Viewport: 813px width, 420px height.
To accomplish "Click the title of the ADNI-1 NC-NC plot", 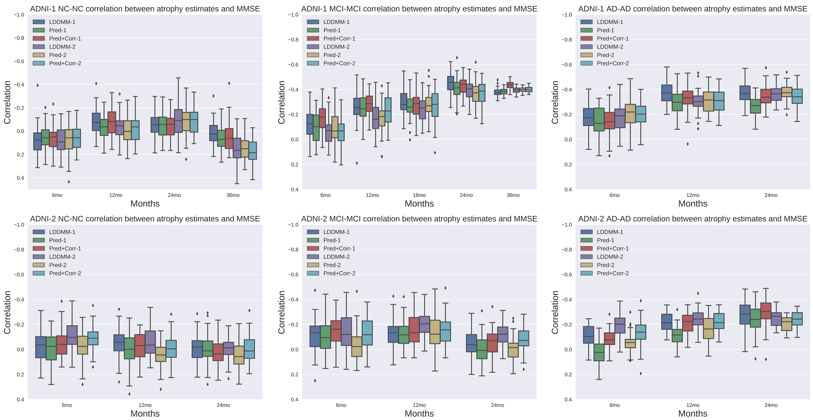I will (145, 9).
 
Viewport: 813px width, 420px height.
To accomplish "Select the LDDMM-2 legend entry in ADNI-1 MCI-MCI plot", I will (336, 47).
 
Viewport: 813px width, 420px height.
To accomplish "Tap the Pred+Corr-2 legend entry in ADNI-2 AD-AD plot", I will (613, 273).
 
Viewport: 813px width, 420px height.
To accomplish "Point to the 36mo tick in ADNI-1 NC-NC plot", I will (233, 195).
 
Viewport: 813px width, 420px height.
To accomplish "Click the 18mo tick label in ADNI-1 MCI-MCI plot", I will (419, 195).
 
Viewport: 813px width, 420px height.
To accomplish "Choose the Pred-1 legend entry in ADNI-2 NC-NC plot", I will (58, 240).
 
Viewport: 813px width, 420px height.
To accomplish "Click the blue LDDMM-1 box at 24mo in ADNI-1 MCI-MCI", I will (450, 83).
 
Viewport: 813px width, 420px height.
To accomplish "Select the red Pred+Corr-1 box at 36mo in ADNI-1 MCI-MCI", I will (510, 85).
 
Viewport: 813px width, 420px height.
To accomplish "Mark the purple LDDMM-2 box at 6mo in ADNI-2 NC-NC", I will (72, 335).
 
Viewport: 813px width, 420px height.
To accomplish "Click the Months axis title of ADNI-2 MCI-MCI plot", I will (419, 414).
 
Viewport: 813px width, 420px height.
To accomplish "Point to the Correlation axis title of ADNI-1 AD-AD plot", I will (555, 102).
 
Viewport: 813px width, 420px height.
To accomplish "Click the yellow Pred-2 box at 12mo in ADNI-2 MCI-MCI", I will (435, 332).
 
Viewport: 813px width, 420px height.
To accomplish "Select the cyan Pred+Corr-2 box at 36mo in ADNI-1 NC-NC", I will (253, 150).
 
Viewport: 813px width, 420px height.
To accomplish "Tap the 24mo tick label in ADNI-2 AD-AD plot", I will (771, 405).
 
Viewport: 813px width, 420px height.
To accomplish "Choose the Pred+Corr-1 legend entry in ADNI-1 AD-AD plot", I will (613, 39).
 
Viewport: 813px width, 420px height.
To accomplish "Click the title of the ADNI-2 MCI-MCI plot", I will (419, 219).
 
